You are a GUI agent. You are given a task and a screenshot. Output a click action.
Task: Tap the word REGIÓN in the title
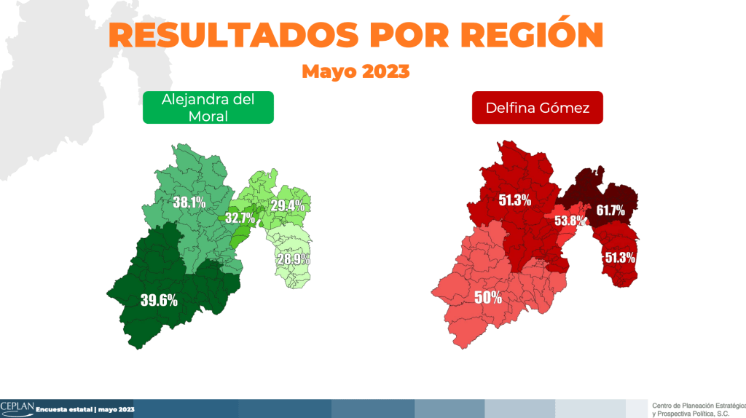click(531, 34)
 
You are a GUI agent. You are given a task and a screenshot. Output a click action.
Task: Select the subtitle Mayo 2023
click(356, 71)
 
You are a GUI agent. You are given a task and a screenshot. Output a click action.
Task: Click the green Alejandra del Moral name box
click(208, 107)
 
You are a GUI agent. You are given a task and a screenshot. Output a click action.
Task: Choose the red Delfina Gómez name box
click(537, 109)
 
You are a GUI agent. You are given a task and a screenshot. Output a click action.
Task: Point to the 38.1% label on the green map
click(189, 202)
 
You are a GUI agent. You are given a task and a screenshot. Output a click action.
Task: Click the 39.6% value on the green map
click(159, 299)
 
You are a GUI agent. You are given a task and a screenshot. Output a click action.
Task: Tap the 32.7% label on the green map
click(240, 217)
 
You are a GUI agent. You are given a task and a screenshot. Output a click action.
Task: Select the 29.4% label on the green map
click(287, 205)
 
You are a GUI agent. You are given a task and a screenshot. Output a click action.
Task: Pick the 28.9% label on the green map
click(293, 259)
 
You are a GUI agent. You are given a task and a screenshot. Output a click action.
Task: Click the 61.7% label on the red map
click(610, 210)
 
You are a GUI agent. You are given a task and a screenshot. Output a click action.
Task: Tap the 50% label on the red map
click(487, 297)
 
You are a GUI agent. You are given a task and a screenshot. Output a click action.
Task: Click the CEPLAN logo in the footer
click(16, 406)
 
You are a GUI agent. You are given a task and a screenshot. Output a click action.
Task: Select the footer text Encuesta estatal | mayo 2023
click(85, 409)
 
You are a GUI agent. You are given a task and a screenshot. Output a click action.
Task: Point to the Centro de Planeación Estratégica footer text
click(697, 405)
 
